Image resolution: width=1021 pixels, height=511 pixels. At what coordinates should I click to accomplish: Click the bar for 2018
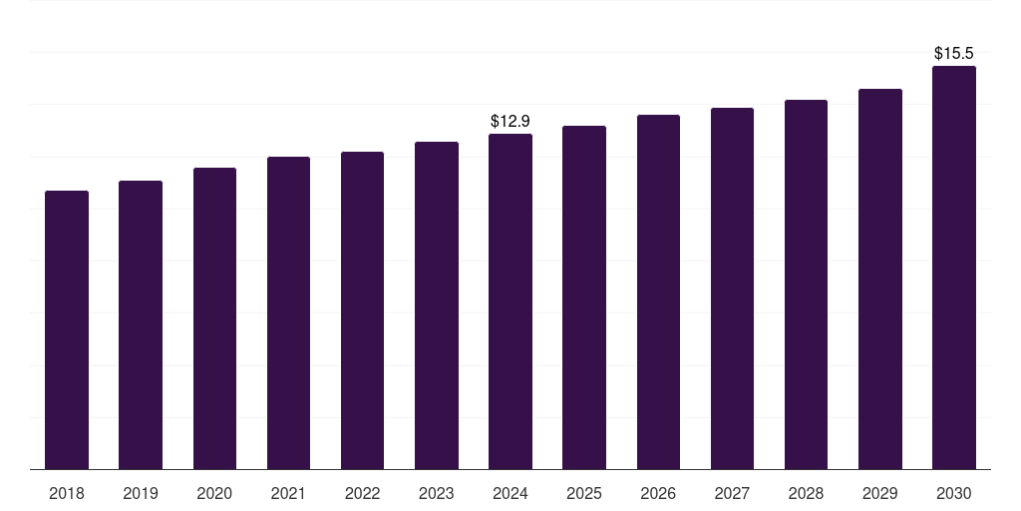click(67, 329)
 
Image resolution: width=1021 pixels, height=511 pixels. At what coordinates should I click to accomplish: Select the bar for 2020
click(214, 318)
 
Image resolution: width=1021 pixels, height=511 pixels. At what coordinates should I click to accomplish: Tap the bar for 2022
click(362, 310)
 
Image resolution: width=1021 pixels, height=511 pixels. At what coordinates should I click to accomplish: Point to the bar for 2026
click(658, 291)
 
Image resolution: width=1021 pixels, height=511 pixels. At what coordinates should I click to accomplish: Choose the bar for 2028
click(806, 284)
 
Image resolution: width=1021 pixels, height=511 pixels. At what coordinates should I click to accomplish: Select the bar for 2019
click(141, 324)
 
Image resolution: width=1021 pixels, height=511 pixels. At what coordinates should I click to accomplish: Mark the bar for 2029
click(880, 278)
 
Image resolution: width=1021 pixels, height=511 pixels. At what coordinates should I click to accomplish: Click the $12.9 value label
click(510, 121)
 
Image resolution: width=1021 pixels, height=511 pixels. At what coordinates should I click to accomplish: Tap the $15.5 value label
click(954, 53)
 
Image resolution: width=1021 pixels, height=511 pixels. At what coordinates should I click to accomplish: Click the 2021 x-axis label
click(288, 493)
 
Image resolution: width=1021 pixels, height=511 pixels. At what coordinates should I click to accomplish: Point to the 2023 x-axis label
click(437, 493)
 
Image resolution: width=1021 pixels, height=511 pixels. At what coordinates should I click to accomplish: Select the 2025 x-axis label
click(584, 493)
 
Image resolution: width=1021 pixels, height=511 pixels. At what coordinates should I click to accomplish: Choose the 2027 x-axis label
click(732, 493)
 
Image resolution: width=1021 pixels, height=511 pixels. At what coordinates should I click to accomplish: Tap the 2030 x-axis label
click(954, 493)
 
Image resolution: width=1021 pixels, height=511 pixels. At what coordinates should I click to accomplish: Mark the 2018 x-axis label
click(67, 493)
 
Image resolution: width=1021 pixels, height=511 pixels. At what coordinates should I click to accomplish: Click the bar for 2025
click(584, 297)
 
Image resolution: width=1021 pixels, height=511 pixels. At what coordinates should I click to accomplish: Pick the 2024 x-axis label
click(510, 493)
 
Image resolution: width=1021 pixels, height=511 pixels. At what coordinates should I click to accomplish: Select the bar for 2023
click(437, 305)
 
